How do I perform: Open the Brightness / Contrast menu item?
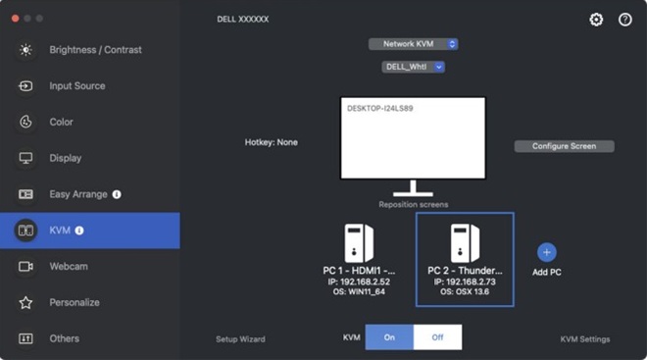coord(94,50)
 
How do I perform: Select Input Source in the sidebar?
coord(76,86)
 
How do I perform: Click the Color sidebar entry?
coord(61,122)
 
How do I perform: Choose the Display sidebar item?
coord(65,158)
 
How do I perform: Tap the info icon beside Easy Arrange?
coord(117,194)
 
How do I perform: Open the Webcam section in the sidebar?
coord(68,266)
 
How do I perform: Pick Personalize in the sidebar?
coord(75,302)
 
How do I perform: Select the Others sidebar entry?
coord(64,338)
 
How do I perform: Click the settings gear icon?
coord(596,20)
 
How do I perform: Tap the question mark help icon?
coord(624,20)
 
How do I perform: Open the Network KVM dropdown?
coord(414,43)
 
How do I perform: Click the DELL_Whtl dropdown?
coord(413,67)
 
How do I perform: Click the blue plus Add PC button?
coord(547,252)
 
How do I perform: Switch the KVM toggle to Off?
coord(437,337)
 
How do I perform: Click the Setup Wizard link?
coord(240,339)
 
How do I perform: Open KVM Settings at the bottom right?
coord(585,339)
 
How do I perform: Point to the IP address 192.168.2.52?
coord(359,283)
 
